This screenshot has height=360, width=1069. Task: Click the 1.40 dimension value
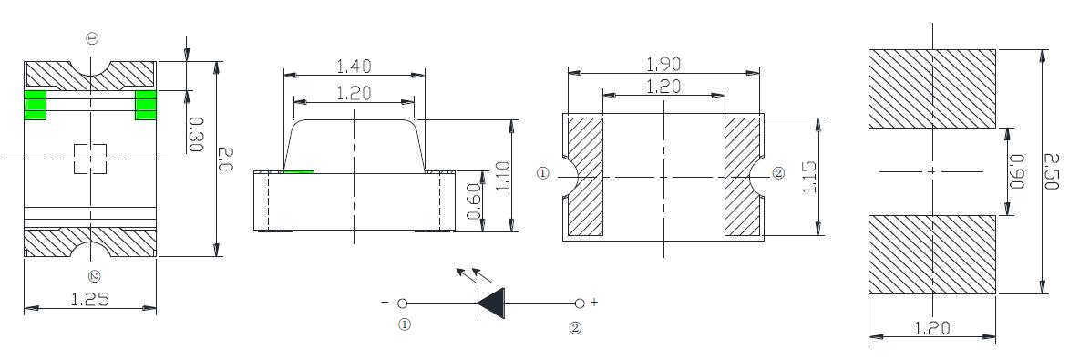click(x=354, y=67)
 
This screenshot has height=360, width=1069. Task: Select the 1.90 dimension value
click(x=663, y=64)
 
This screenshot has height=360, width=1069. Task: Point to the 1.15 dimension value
click(x=810, y=178)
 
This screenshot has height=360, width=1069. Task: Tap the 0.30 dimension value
click(x=195, y=134)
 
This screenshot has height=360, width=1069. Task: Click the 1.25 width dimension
click(x=90, y=299)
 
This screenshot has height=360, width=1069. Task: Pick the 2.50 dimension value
click(x=1051, y=172)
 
